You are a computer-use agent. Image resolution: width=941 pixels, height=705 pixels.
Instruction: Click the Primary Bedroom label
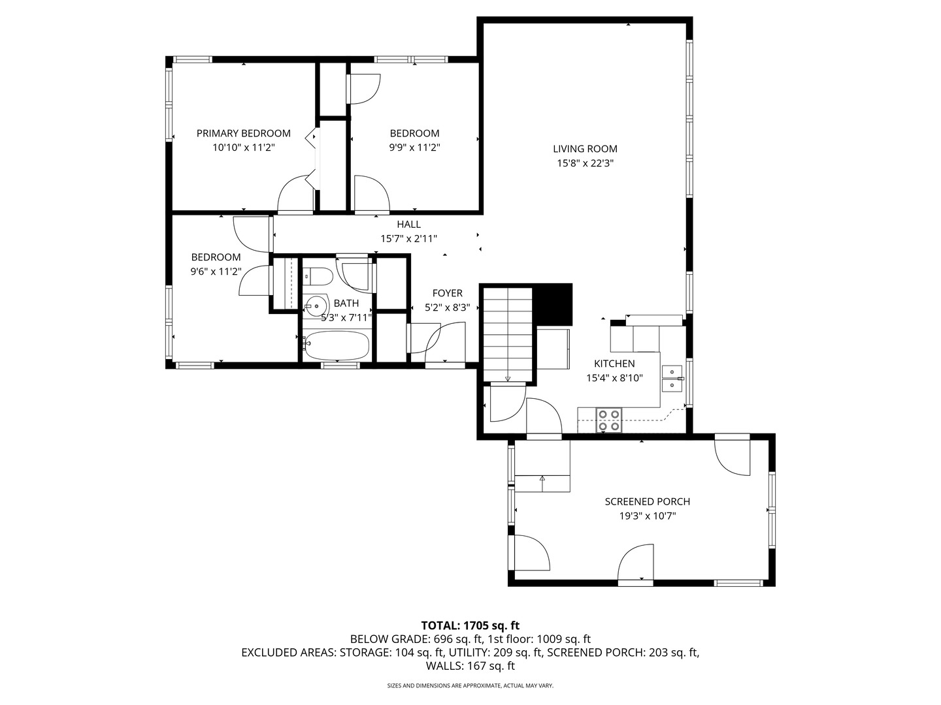pos(244,134)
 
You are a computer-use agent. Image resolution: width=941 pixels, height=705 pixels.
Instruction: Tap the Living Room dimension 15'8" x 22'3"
pos(585,163)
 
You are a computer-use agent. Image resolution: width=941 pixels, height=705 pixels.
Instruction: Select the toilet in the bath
pos(318,277)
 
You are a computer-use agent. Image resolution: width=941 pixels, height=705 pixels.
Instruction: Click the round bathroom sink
pos(316,307)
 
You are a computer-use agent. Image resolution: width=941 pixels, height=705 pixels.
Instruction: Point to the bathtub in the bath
pos(336,346)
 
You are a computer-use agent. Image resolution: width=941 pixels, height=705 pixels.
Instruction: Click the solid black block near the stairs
pos(554,305)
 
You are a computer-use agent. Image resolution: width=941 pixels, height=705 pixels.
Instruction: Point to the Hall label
pos(408,225)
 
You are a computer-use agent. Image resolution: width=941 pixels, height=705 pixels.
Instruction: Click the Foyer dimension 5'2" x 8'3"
pos(447,307)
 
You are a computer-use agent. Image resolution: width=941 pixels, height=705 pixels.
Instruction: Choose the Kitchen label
pos(614,364)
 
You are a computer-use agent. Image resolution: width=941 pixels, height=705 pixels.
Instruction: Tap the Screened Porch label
pos(648,502)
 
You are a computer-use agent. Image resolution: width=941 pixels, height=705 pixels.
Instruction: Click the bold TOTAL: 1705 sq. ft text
pos(470,626)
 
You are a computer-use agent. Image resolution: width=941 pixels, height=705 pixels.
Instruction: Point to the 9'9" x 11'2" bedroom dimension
pos(414,148)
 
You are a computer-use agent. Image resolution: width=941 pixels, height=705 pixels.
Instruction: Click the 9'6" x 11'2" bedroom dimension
pos(216,272)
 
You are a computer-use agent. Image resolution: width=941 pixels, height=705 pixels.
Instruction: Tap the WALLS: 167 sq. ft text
pos(470,666)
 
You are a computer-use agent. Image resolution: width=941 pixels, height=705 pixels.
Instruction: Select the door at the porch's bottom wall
pos(636,563)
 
